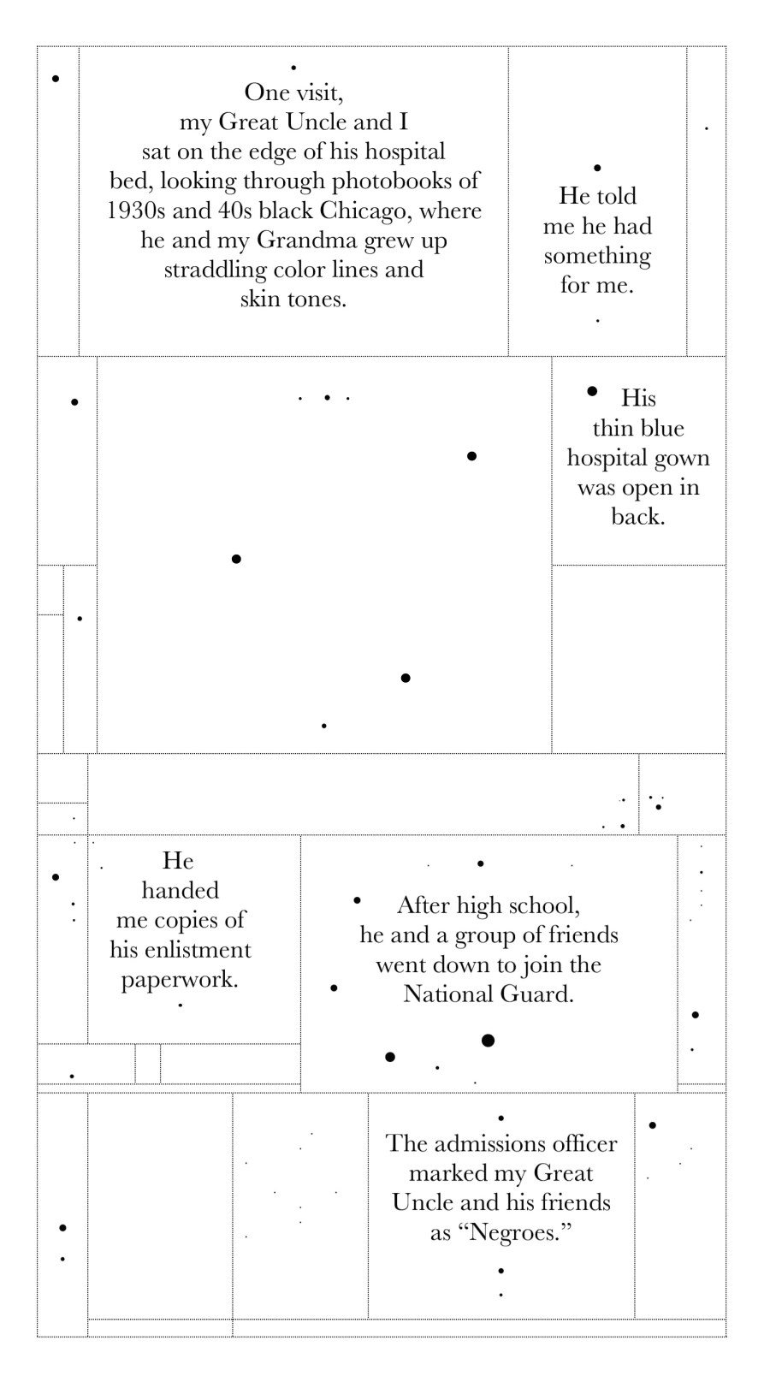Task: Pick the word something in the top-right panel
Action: (x=597, y=257)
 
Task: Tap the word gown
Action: (x=683, y=459)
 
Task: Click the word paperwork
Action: (x=180, y=979)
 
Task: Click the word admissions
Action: (x=489, y=1143)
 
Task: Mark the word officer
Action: (x=583, y=1143)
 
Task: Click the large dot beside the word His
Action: (x=592, y=391)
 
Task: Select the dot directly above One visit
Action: (x=293, y=67)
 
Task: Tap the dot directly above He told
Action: (x=597, y=168)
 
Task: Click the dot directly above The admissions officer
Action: (x=500, y=1118)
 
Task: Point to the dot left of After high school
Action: (x=357, y=900)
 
